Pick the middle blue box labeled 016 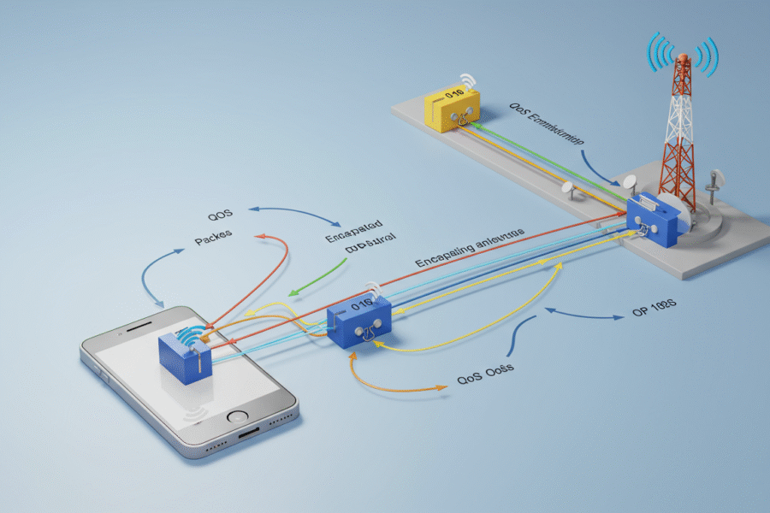pyautogui.click(x=359, y=321)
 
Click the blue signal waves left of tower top pyautogui.click(x=660, y=53)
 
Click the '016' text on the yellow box pyautogui.click(x=453, y=92)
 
